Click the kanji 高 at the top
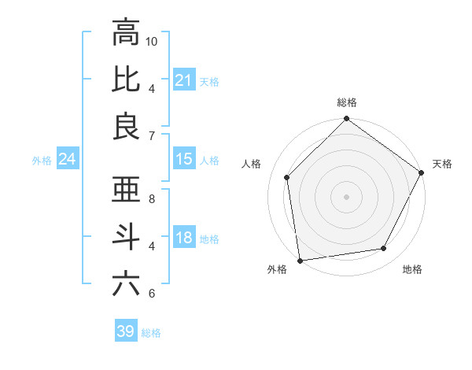127,34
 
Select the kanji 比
127,80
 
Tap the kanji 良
127,126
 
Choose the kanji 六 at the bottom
127,283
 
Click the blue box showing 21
183,80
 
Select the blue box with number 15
183,159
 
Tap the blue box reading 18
183,238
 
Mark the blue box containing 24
67,160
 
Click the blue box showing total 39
125,331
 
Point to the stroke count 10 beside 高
153,41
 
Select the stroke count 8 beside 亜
152,199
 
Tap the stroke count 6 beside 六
152,294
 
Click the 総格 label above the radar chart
347,102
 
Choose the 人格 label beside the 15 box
209,160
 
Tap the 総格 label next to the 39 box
151,332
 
